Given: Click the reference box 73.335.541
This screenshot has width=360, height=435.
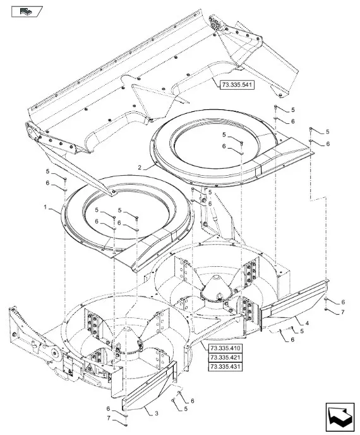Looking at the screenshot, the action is [237, 85].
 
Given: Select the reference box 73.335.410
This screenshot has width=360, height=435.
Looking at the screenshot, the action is [225, 348].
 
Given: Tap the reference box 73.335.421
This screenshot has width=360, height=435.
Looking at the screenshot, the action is [225, 357].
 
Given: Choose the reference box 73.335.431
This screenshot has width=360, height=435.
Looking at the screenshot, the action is [225, 367].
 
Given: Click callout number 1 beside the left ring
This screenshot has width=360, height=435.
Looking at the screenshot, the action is [45, 207].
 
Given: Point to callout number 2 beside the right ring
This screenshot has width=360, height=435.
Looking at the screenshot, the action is [140, 168].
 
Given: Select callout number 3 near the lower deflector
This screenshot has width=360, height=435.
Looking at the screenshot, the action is [157, 414].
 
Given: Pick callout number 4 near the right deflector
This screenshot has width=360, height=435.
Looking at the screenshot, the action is [307, 323].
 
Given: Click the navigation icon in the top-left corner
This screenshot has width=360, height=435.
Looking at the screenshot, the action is [27, 11].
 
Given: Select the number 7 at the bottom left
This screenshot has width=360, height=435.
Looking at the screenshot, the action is [109, 419].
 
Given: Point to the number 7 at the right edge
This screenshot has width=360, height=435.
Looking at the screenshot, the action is [342, 312].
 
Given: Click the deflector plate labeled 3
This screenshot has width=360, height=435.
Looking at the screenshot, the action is [149, 386].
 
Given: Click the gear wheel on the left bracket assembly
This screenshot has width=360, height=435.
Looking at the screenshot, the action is [56, 353].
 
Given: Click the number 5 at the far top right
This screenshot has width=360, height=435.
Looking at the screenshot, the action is [327, 132].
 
